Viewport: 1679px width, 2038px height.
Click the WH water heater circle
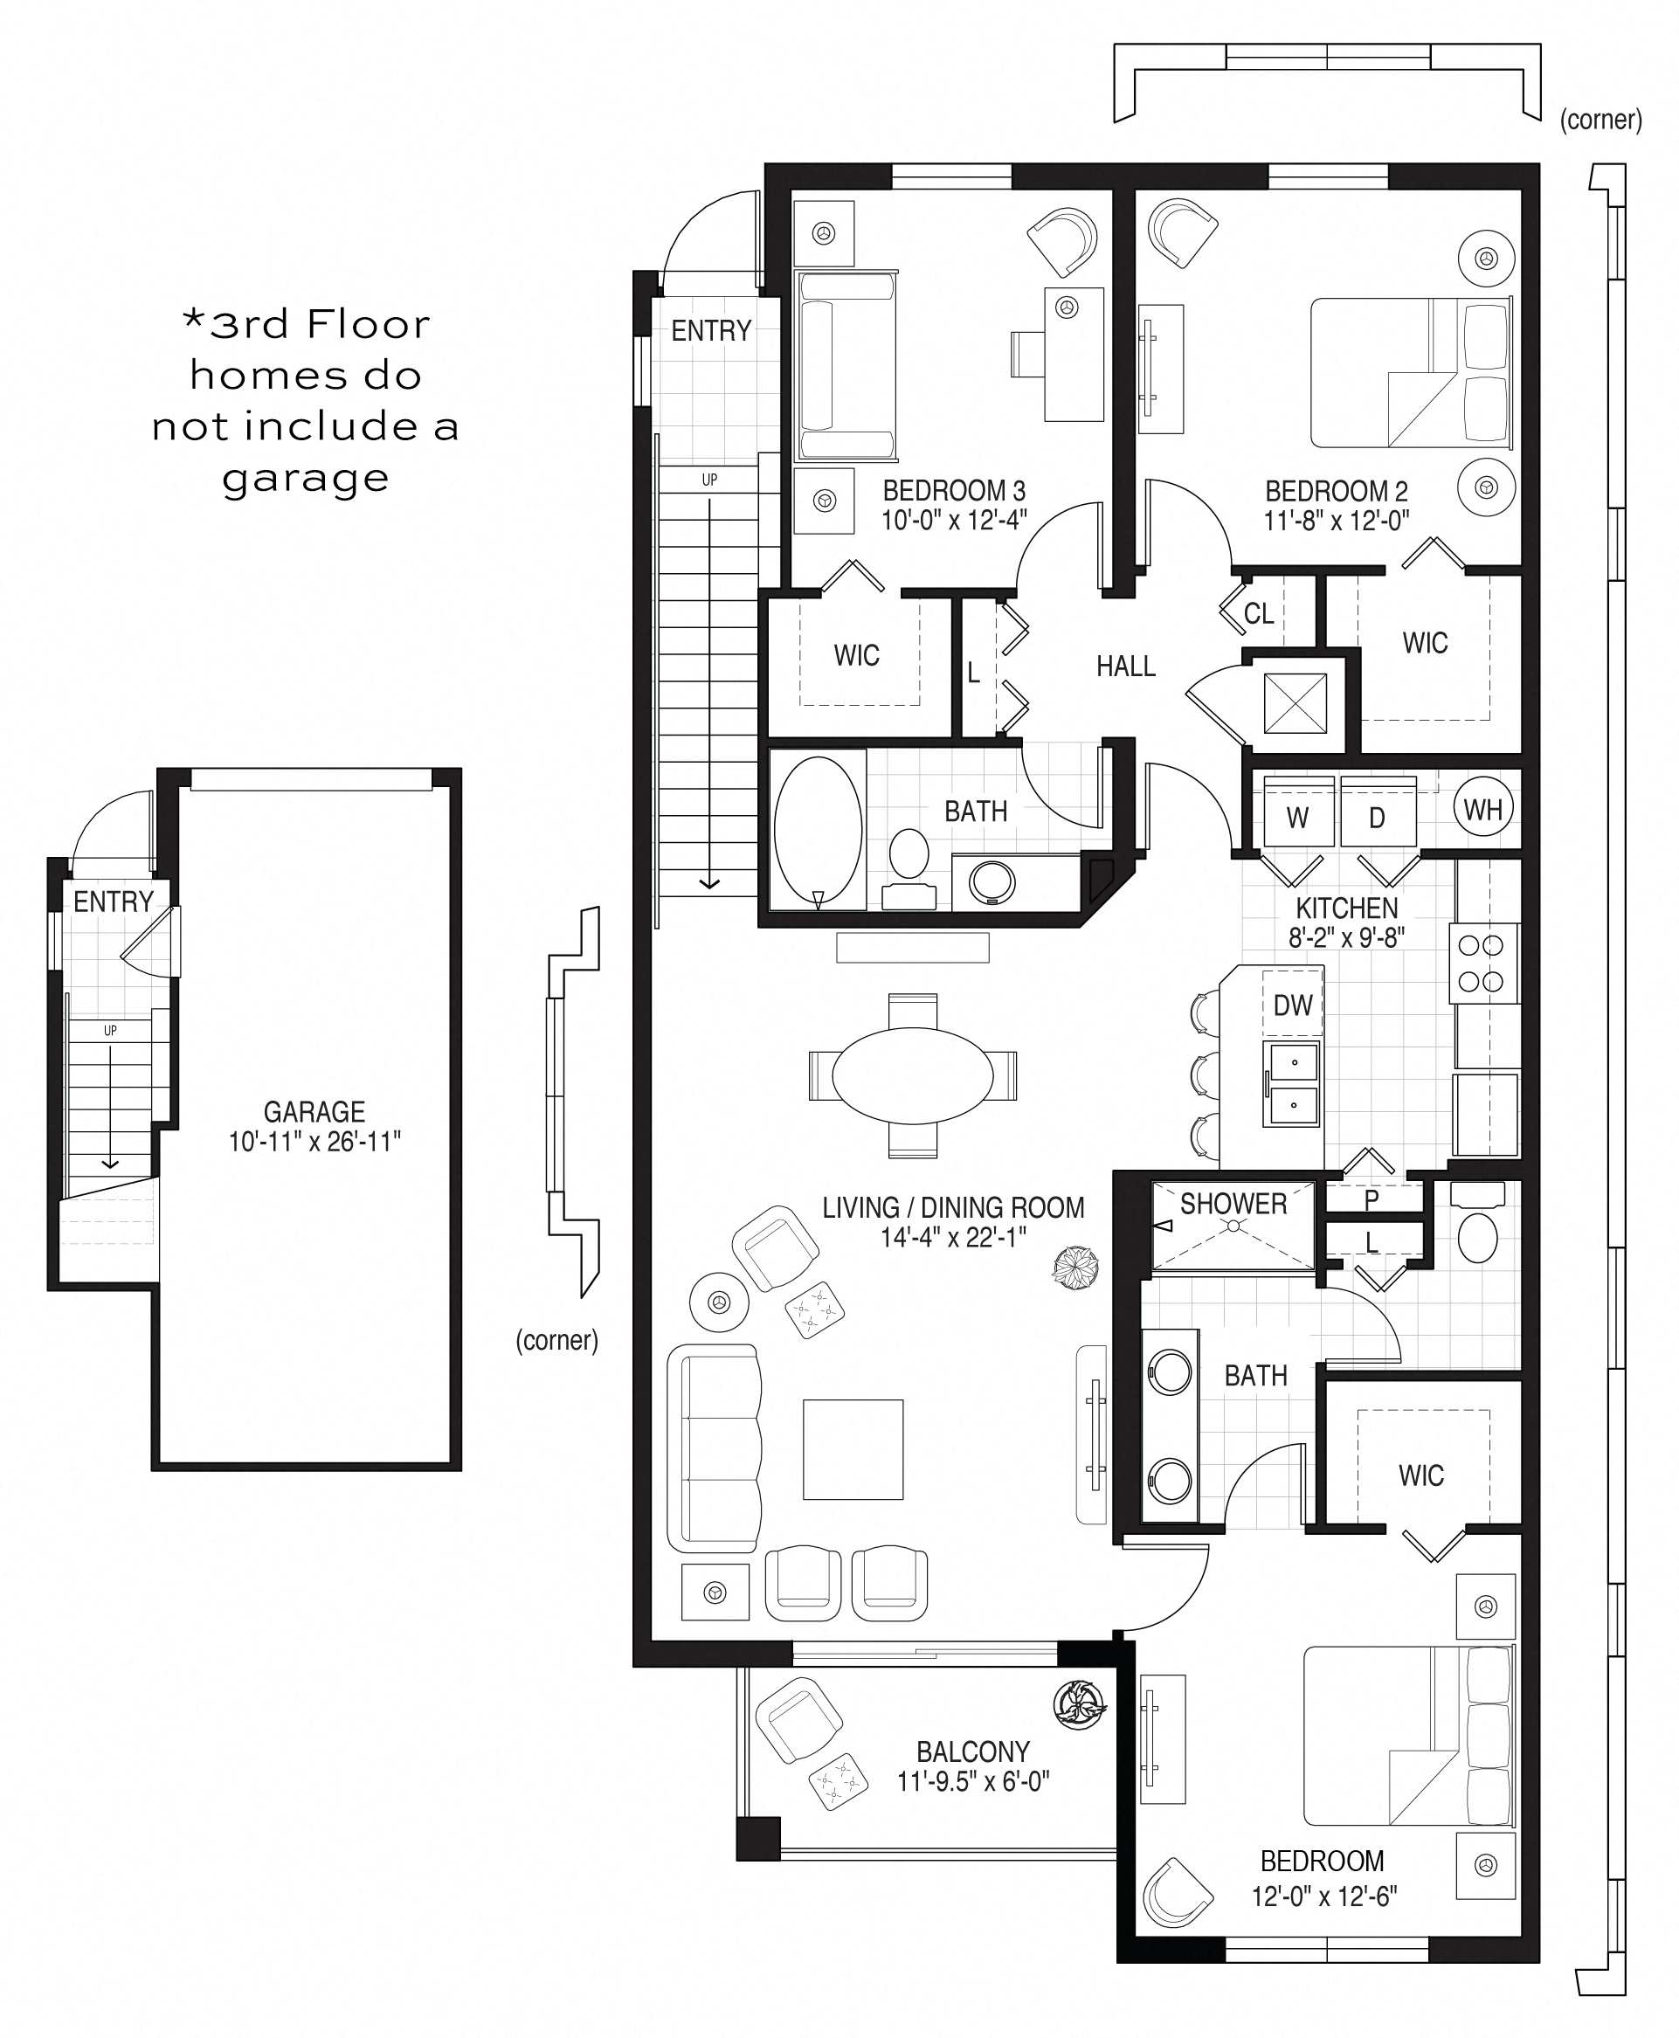(x=1482, y=809)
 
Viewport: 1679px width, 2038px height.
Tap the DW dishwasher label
(x=1293, y=1005)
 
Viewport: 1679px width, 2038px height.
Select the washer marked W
(x=1299, y=813)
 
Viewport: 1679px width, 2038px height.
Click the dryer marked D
(x=1378, y=813)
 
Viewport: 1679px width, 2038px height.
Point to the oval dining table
(x=913, y=1074)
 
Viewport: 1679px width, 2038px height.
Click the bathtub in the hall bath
(x=819, y=830)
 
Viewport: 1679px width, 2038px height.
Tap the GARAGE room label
(x=314, y=1111)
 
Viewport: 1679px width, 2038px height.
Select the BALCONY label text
(x=973, y=1751)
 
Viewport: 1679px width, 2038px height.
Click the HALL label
(x=1126, y=666)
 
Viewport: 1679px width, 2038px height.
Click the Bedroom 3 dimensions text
(x=954, y=521)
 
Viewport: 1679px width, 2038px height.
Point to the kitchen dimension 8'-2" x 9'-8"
(x=1346, y=936)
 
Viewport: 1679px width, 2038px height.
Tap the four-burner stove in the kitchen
(x=1483, y=964)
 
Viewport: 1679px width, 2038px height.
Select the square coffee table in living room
(x=853, y=1449)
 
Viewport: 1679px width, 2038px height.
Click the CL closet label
(x=1258, y=613)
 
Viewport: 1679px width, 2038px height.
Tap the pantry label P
(x=1372, y=1200)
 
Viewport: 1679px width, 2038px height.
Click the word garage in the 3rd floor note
(x=306, y=478)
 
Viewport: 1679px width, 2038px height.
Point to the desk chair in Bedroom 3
(x=1031, y=355)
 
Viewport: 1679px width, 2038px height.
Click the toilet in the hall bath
(x=909, y=867)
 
